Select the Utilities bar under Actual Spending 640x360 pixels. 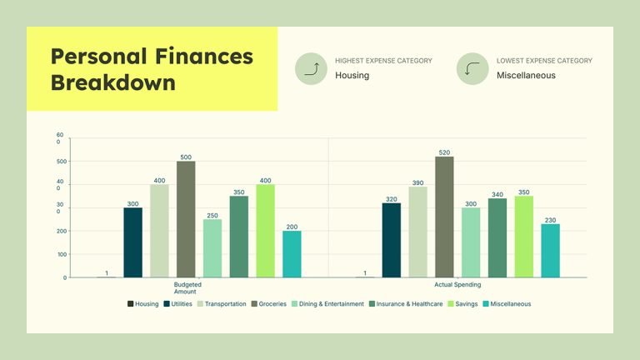pyautogui.click(x=391, y=240)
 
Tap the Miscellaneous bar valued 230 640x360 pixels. pyautogui.click(x=550, y=250)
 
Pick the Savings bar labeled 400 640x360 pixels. pyautogui.click(x=265, y=231)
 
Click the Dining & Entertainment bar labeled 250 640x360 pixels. pyautogui.click(x=212, y=248)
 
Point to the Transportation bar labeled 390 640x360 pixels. pyautogui.click(x=417, y=232)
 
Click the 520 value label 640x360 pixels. pyautogui.click(x=444, y=152)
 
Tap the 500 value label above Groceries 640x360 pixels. pyautogui.click(x=186, y=157)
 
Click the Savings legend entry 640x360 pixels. pyautogui.click(x=457, y=304)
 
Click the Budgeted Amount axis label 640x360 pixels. pyautogui.click(x=187, y=287)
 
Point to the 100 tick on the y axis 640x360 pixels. pyautogui.click(x=61, y=254)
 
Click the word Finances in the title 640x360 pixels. pyautogui.click(x=203, y=57)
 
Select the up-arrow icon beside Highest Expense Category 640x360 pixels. pyautogui.click(x=311, y=68)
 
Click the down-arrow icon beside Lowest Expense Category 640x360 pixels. pyautogui.click(x=472, y=68)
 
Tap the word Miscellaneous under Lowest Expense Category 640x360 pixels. pyautogui.click(x=525, y=76)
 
